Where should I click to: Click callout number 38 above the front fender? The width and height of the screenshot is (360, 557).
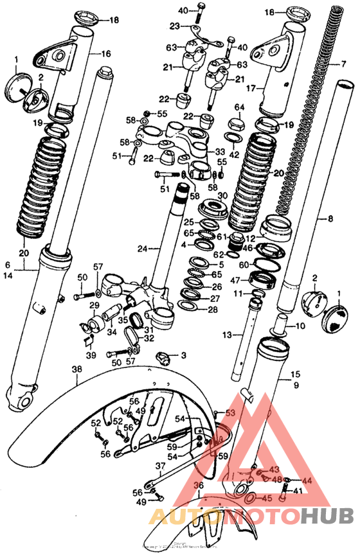(x=76, y=370)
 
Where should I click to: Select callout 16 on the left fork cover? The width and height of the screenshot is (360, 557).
(x=105, y=53)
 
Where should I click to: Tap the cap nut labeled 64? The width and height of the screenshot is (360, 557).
(x=239, y=107)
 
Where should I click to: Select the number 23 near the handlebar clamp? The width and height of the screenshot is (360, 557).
(x=175, y=26)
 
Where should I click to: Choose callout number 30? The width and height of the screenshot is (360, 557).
(x=222, y=195)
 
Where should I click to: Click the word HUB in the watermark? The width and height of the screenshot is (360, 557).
(x=327, y=516)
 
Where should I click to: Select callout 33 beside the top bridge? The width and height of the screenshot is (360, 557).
(x=220, y=152)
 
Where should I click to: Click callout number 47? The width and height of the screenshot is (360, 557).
(x=235, y=280)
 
